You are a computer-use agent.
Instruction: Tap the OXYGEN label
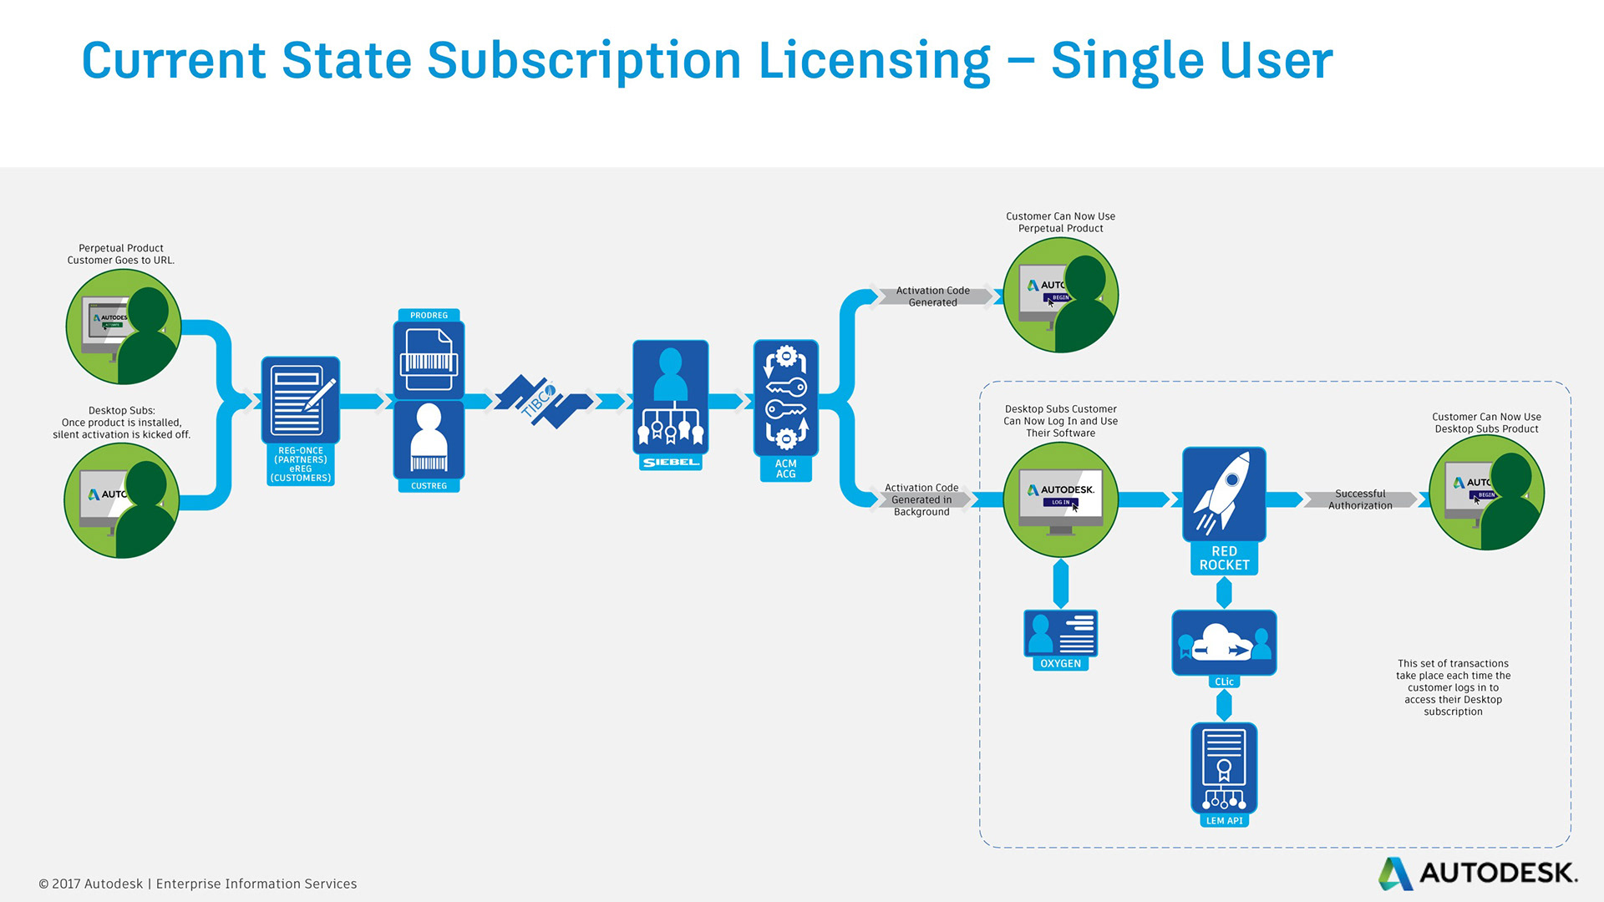1060,663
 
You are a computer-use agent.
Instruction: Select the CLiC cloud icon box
1224,641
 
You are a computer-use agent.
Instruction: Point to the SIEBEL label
670,462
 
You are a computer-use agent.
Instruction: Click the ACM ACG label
785,469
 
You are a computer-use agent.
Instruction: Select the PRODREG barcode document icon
429,360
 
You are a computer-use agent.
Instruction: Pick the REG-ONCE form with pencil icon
300,400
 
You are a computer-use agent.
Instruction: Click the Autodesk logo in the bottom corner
1477,873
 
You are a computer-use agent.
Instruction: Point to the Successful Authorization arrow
1360,499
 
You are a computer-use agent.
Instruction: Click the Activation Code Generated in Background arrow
922,499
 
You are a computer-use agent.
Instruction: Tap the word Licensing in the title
874,61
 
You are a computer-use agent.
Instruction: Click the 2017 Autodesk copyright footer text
198,884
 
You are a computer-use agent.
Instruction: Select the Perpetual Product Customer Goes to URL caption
121,254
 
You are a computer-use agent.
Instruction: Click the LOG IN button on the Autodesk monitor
1060,502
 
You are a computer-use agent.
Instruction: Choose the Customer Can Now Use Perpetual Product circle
1060,295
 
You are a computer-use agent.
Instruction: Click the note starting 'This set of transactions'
1453,687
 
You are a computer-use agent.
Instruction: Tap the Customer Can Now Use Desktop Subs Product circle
1486,492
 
